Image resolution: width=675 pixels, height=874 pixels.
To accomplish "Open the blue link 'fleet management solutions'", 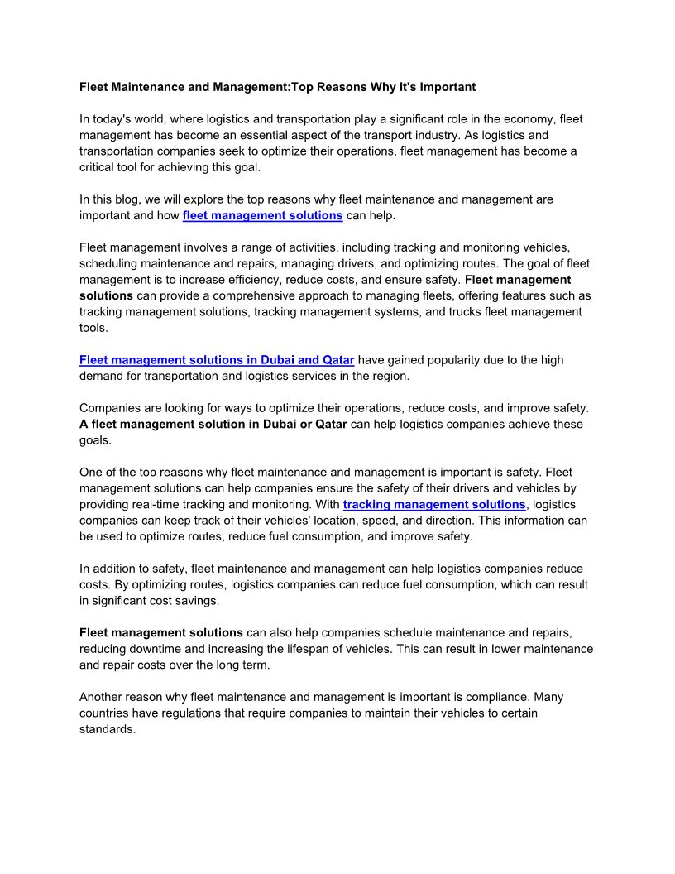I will point(262,215).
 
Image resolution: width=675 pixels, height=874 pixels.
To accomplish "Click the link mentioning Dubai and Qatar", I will point(217,360).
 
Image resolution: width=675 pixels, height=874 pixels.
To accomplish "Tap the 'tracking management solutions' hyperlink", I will point(434,504).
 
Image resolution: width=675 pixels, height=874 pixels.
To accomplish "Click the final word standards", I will point(107,729).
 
